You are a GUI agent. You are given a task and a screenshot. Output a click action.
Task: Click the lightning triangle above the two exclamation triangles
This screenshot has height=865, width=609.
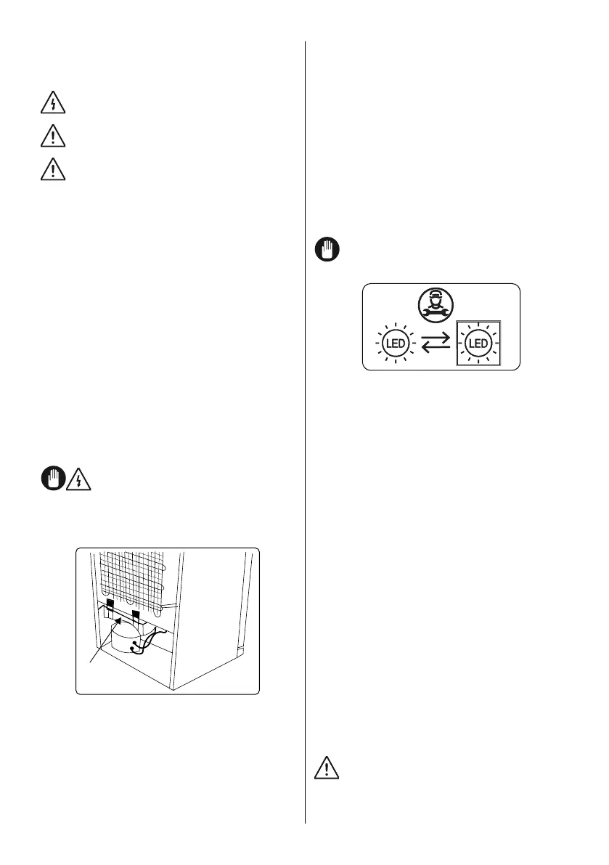[x=52, y=104]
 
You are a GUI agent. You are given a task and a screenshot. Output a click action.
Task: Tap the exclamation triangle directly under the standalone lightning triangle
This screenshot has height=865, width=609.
[x=52, y=137]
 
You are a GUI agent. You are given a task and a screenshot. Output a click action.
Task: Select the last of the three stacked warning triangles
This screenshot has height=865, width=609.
[x=52, y=169]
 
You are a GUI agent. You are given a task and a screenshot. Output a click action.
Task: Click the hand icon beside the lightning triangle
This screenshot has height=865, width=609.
[x=49, y=480]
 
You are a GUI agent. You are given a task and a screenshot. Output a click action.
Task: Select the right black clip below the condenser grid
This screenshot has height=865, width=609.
[x=135, y=617]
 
